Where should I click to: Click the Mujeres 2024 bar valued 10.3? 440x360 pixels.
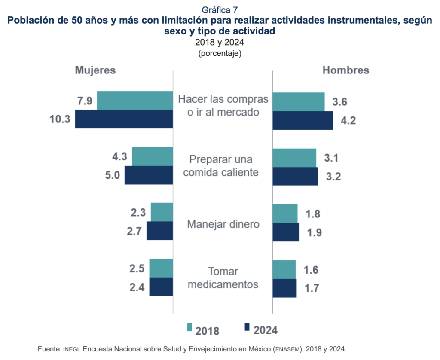(124, 119)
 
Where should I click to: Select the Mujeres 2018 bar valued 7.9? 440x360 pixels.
(135, 101)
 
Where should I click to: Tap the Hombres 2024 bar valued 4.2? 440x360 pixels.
(302, 120)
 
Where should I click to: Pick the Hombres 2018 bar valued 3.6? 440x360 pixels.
(299, 102)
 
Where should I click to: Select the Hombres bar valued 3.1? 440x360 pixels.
(294, 158)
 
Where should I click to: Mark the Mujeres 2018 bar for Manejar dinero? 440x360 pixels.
(162, 212)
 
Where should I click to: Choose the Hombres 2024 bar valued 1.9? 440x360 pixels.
(286, 232)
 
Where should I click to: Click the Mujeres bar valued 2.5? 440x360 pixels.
(161, 268)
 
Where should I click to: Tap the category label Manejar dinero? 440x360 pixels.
(223, 224)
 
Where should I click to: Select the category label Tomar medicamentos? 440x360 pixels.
(223, 278)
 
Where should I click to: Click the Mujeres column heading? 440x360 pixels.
(95, 70)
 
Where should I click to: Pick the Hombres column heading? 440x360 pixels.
(346, 70)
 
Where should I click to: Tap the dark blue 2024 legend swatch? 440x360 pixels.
(247, 327)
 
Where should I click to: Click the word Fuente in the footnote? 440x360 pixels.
(49, 349)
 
